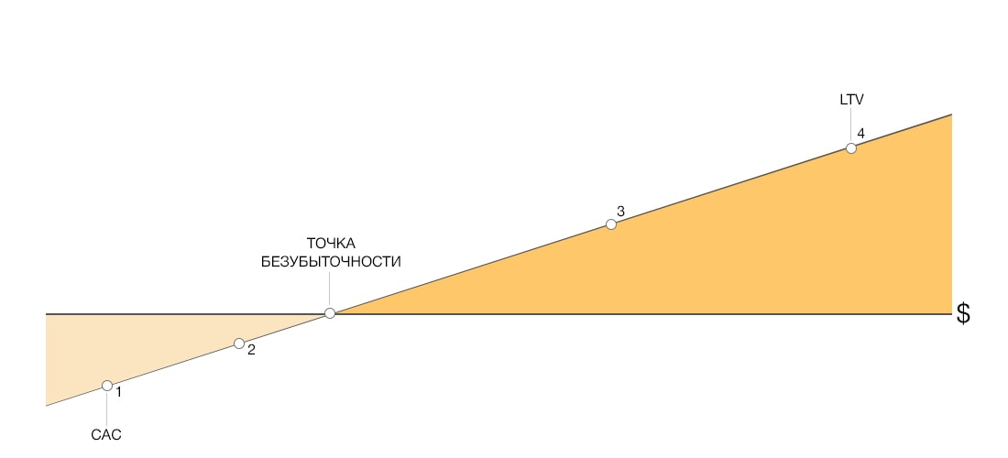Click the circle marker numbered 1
[x=107, y=386]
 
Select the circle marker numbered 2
[x=239, y=343]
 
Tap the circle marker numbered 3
[x=611, y=224]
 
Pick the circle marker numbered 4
[x=851, y=148]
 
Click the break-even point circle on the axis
[x=330, y=313]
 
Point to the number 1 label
[x=118, y=390]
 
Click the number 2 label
[x=251, y=350]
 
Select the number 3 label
[x=620, y=212]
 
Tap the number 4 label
[x=860, y=134]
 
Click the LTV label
[x=852, y=100]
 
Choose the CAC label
[x=106, y=435]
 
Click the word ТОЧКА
[x=331, y=244]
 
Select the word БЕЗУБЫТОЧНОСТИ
[x=331, y=262]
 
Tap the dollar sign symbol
[x=963, y=313]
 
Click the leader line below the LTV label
[x=851, y=125]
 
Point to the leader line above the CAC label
[x=106, y=408]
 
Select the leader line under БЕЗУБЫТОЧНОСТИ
[x=330, y=289]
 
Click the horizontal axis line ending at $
[x=499, y=314]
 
